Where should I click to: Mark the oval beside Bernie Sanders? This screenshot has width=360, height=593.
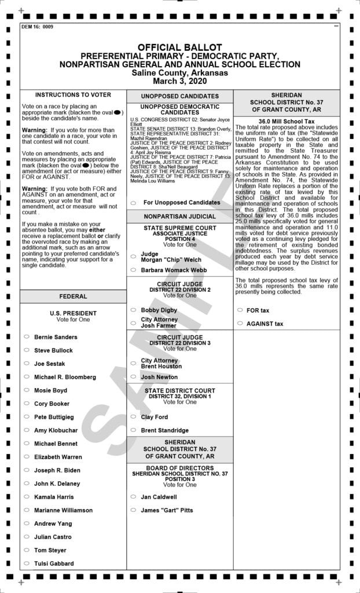click(x=27, y=336)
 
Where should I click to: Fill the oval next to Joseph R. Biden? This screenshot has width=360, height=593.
click(x=27, y=470)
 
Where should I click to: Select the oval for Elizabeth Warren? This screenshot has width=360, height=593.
click(x=27, y=457)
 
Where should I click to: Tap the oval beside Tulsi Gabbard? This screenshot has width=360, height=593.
click(x=27, y=563)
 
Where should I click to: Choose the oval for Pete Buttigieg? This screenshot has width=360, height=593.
click(x=27, y=417)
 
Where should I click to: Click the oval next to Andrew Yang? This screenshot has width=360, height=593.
click(x=27, y=524)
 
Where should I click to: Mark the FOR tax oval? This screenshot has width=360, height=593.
click(x=240, y=310)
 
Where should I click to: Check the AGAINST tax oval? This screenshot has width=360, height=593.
click(x=240, y=324)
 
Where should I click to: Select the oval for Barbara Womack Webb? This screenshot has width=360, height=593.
click(x=133, y=270)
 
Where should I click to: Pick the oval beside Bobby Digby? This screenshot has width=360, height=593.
click(x=133, y=310)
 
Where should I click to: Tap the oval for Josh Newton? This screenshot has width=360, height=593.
click(x=133, y=377)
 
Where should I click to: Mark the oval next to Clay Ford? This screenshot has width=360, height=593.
click(x=133, y=417)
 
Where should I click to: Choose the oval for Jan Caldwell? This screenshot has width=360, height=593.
click(x=133, y=497)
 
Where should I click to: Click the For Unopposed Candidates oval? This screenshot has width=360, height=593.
click(x=133, y=203)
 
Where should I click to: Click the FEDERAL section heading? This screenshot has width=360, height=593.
click(x=73, y=296)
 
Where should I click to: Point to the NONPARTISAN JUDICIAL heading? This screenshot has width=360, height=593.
click(x=179, y=216)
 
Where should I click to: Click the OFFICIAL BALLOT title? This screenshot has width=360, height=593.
click(x=179, y=47)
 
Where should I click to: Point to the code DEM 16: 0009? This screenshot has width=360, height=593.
click(x=37, y=27)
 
